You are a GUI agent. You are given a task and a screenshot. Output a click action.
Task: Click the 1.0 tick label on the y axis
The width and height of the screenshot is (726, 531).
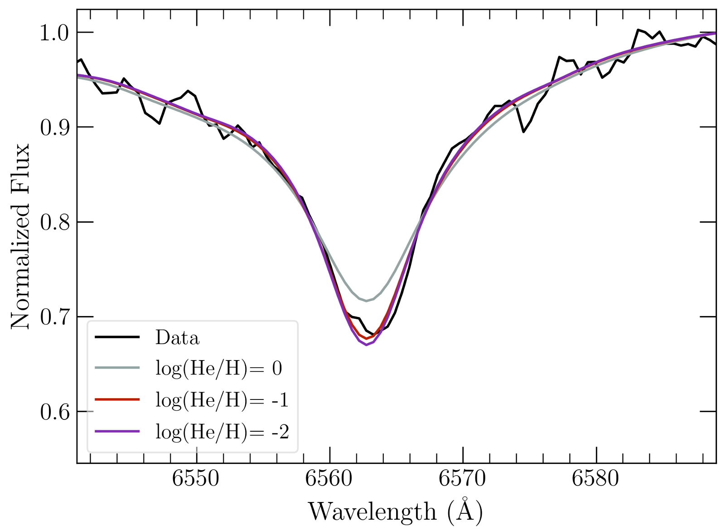click(x=54, y=33)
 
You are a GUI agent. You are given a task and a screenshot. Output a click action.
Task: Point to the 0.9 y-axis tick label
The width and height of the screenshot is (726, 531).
click(x=54, y=127)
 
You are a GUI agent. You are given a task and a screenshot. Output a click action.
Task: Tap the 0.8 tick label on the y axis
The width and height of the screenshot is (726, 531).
click(x=54, y=222)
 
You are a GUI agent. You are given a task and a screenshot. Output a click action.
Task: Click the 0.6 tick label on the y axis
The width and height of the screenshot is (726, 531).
click(x=54, y=412)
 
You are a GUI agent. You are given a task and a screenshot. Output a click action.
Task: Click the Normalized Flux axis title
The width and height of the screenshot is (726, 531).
click(x=20, y=236)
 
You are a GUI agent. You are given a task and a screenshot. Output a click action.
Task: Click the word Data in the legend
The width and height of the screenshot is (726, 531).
click(x=177, y=338)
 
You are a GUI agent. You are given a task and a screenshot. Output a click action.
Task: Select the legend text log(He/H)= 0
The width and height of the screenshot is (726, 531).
click(x=219, y=369)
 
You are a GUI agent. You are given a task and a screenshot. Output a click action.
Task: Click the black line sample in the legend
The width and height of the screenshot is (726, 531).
click(x=117, y=337)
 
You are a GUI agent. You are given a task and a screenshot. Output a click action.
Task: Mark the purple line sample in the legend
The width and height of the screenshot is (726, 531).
click(x=117, y=431)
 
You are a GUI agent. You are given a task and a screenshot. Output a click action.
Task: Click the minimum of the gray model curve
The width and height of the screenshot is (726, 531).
click(x=366, y=301)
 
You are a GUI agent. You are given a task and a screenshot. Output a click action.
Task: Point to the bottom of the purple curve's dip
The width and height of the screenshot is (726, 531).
click(x=366, y=345)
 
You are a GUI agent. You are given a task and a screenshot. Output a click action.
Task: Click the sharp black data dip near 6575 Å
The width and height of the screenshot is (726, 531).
click(x=523, y=132)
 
